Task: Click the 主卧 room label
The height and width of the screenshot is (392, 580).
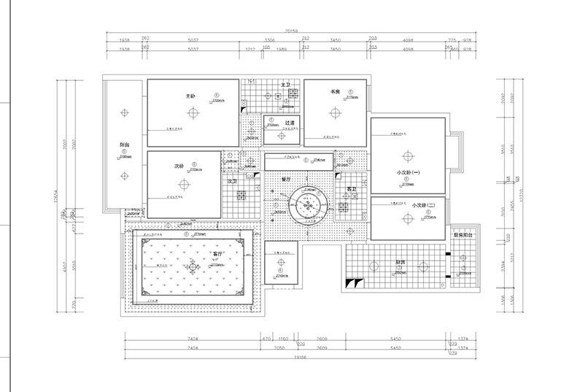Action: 190,95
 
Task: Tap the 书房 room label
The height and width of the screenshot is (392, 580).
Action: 336,92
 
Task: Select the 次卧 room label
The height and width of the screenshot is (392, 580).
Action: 179,166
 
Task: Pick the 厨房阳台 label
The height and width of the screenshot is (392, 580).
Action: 463,236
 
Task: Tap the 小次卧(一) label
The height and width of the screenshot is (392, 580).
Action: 409,172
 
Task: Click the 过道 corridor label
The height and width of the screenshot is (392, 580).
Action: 289,123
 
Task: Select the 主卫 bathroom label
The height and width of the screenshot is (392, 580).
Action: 287,85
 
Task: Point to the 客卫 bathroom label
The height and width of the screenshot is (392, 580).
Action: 351,189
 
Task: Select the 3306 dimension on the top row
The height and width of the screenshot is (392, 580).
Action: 269,40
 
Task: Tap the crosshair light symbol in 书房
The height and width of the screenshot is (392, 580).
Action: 336,112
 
